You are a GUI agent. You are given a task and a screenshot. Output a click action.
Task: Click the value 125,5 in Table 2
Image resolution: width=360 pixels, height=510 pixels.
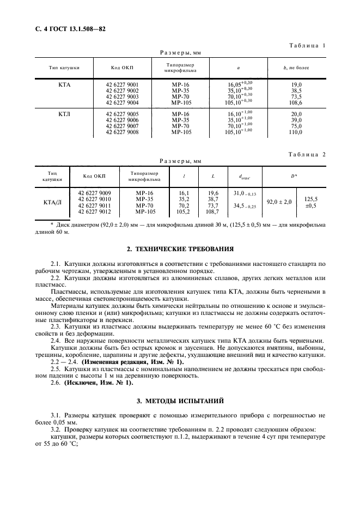(310, 199)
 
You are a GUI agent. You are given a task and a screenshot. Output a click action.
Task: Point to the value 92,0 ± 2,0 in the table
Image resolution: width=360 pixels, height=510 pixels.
(279, 202)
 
